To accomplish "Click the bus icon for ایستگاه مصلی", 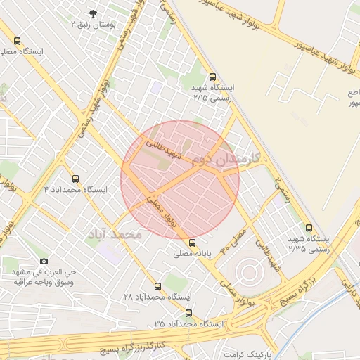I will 17,41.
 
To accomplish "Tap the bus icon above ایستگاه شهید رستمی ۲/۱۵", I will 213,77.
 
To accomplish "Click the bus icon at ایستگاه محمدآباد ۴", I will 76,179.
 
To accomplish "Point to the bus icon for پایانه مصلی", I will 193,243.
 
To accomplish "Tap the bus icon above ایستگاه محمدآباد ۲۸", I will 157,286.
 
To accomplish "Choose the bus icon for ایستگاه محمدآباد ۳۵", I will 188,313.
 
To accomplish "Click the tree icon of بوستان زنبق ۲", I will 94,13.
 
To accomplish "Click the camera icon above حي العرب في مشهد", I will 44,261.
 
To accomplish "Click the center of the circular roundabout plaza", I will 248,271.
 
